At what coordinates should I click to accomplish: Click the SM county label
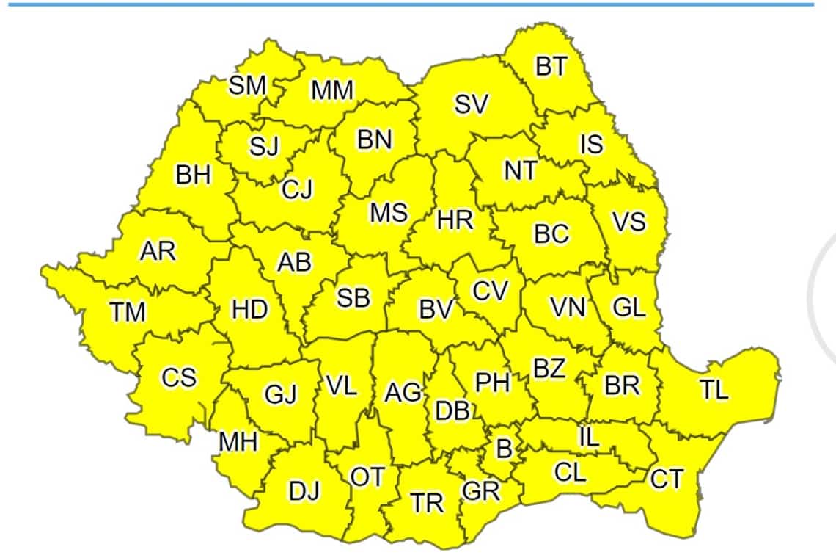coord(247,85)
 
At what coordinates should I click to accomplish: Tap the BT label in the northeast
coord(551,67)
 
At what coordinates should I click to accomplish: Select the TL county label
coord(714,390)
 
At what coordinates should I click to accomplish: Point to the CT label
coord(667,479)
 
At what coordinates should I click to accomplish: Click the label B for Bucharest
coord(505,448)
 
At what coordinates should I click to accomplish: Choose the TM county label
coord(128,313)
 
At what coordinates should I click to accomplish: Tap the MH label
coord(238,441)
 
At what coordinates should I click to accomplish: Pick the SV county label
coord(471,105)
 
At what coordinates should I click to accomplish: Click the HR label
coord(455,219)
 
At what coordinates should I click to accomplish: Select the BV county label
coord(438,310)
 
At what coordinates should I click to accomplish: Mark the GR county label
coord(482,490)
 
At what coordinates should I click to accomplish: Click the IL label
coord(589,438)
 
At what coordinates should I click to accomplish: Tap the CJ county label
coord(298,189)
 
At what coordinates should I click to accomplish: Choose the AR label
coord(158,251)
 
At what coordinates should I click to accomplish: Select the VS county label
coord(629,221)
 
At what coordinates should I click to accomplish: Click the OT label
coord(367,477)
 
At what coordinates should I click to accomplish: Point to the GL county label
coord(628,308)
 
